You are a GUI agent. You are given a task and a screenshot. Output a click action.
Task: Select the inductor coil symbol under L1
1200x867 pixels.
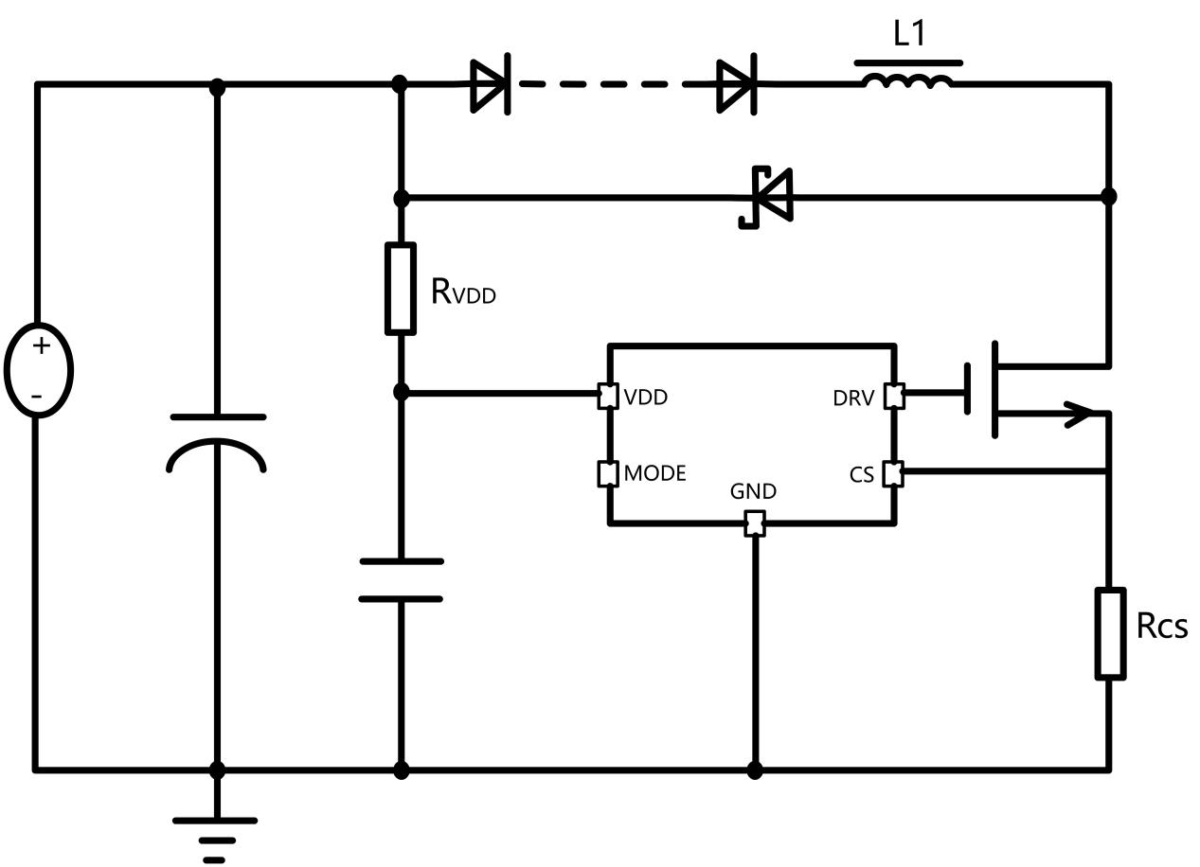908,81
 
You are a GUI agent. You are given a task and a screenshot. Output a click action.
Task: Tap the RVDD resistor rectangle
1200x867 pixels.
401,289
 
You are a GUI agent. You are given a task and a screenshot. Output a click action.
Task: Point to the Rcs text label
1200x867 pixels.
1161,626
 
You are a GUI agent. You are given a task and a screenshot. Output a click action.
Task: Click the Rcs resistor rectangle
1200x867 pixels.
1110,633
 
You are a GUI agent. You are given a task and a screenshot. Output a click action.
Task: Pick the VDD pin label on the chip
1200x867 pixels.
646,398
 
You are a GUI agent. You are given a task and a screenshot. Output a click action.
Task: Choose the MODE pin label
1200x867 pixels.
654,473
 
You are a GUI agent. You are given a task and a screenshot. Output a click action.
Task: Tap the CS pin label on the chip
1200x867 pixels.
862,475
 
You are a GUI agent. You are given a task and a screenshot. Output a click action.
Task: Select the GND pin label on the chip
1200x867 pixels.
754,491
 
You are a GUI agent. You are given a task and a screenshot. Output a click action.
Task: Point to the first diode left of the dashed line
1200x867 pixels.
491,84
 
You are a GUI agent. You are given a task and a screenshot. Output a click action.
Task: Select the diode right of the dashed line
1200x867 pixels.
736,84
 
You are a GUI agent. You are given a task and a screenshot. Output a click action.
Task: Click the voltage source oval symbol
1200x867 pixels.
39,369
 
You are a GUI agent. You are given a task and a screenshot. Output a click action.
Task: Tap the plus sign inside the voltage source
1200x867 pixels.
41,345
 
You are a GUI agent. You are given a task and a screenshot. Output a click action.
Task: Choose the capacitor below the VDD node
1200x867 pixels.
401,580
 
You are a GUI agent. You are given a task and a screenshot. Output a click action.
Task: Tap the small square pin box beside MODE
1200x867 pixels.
608,473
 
